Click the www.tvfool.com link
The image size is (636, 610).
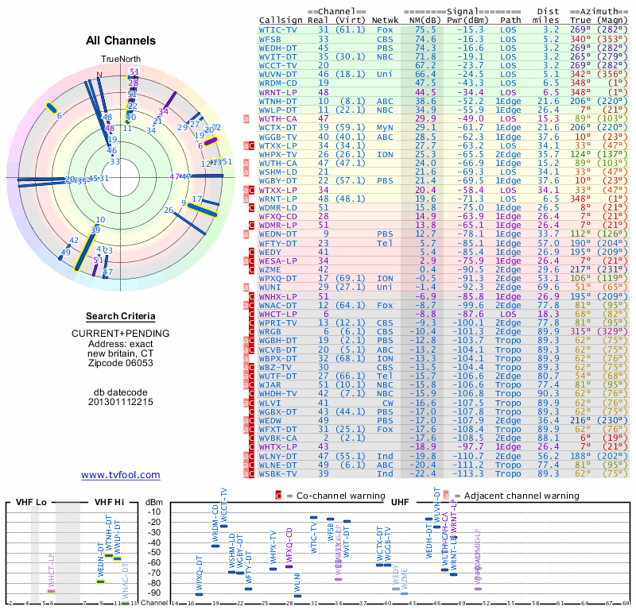click(x=120, y=475)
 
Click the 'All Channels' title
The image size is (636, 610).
click(x=120, y=41)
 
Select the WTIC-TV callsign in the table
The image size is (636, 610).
click(x=278, y=29)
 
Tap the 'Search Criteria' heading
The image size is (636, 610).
click(x=120, y=316)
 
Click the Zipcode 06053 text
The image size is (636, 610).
click(x=120, y=363)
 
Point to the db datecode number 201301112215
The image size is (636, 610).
click(x=120, y=401)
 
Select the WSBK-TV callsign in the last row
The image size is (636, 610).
click(x=278, y=473)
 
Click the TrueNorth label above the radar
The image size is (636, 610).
click(x=120, y=60)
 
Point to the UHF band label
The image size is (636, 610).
click(x=400, y=503)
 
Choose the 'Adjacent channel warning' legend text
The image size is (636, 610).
click(x=516, y=496)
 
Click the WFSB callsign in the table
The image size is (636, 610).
click(x=270, y=38)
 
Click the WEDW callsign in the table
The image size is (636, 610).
click(x=270, y=421)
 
